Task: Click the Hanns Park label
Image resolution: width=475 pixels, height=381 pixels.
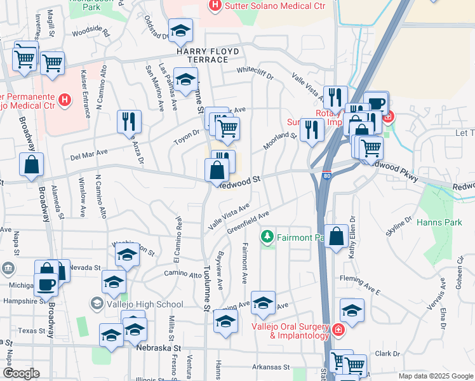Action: [434, 222]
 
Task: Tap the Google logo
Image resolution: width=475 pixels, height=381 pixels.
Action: [21, 373]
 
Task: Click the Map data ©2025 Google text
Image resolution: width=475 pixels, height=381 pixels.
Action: [436, 376]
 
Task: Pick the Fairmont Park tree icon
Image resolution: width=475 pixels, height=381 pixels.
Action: [267, 237]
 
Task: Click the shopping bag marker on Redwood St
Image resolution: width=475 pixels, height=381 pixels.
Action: [217, 170]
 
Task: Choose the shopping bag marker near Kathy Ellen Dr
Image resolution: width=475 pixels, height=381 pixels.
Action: [336, 236]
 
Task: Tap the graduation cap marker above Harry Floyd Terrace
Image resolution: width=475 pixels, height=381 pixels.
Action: [181, 29]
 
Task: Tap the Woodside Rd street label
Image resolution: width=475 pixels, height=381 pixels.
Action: [91, 30]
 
